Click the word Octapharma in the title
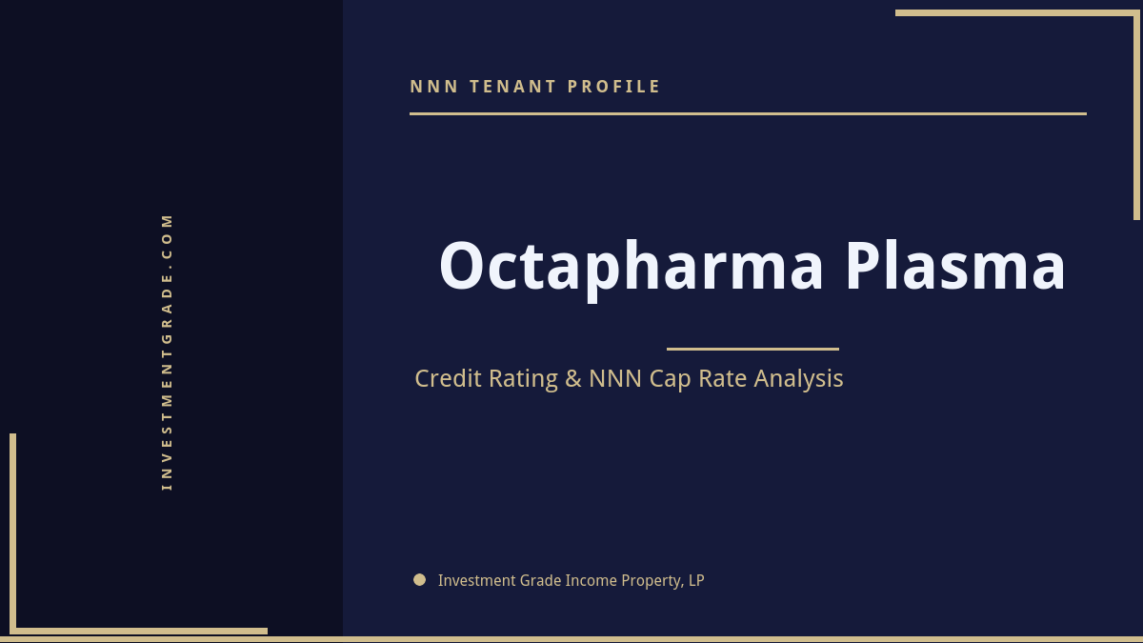(631, 267)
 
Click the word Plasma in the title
(954, 267)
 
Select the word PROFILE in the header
(614, 87)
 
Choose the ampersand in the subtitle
(572, 378)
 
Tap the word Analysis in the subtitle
(798, 378)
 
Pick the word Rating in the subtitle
(523, 378)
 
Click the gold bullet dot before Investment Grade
(419, 579)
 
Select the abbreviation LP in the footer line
(695, 580)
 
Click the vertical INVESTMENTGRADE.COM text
(168, 351)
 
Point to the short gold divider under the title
(752, 349)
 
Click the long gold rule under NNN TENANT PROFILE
(748, 113)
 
